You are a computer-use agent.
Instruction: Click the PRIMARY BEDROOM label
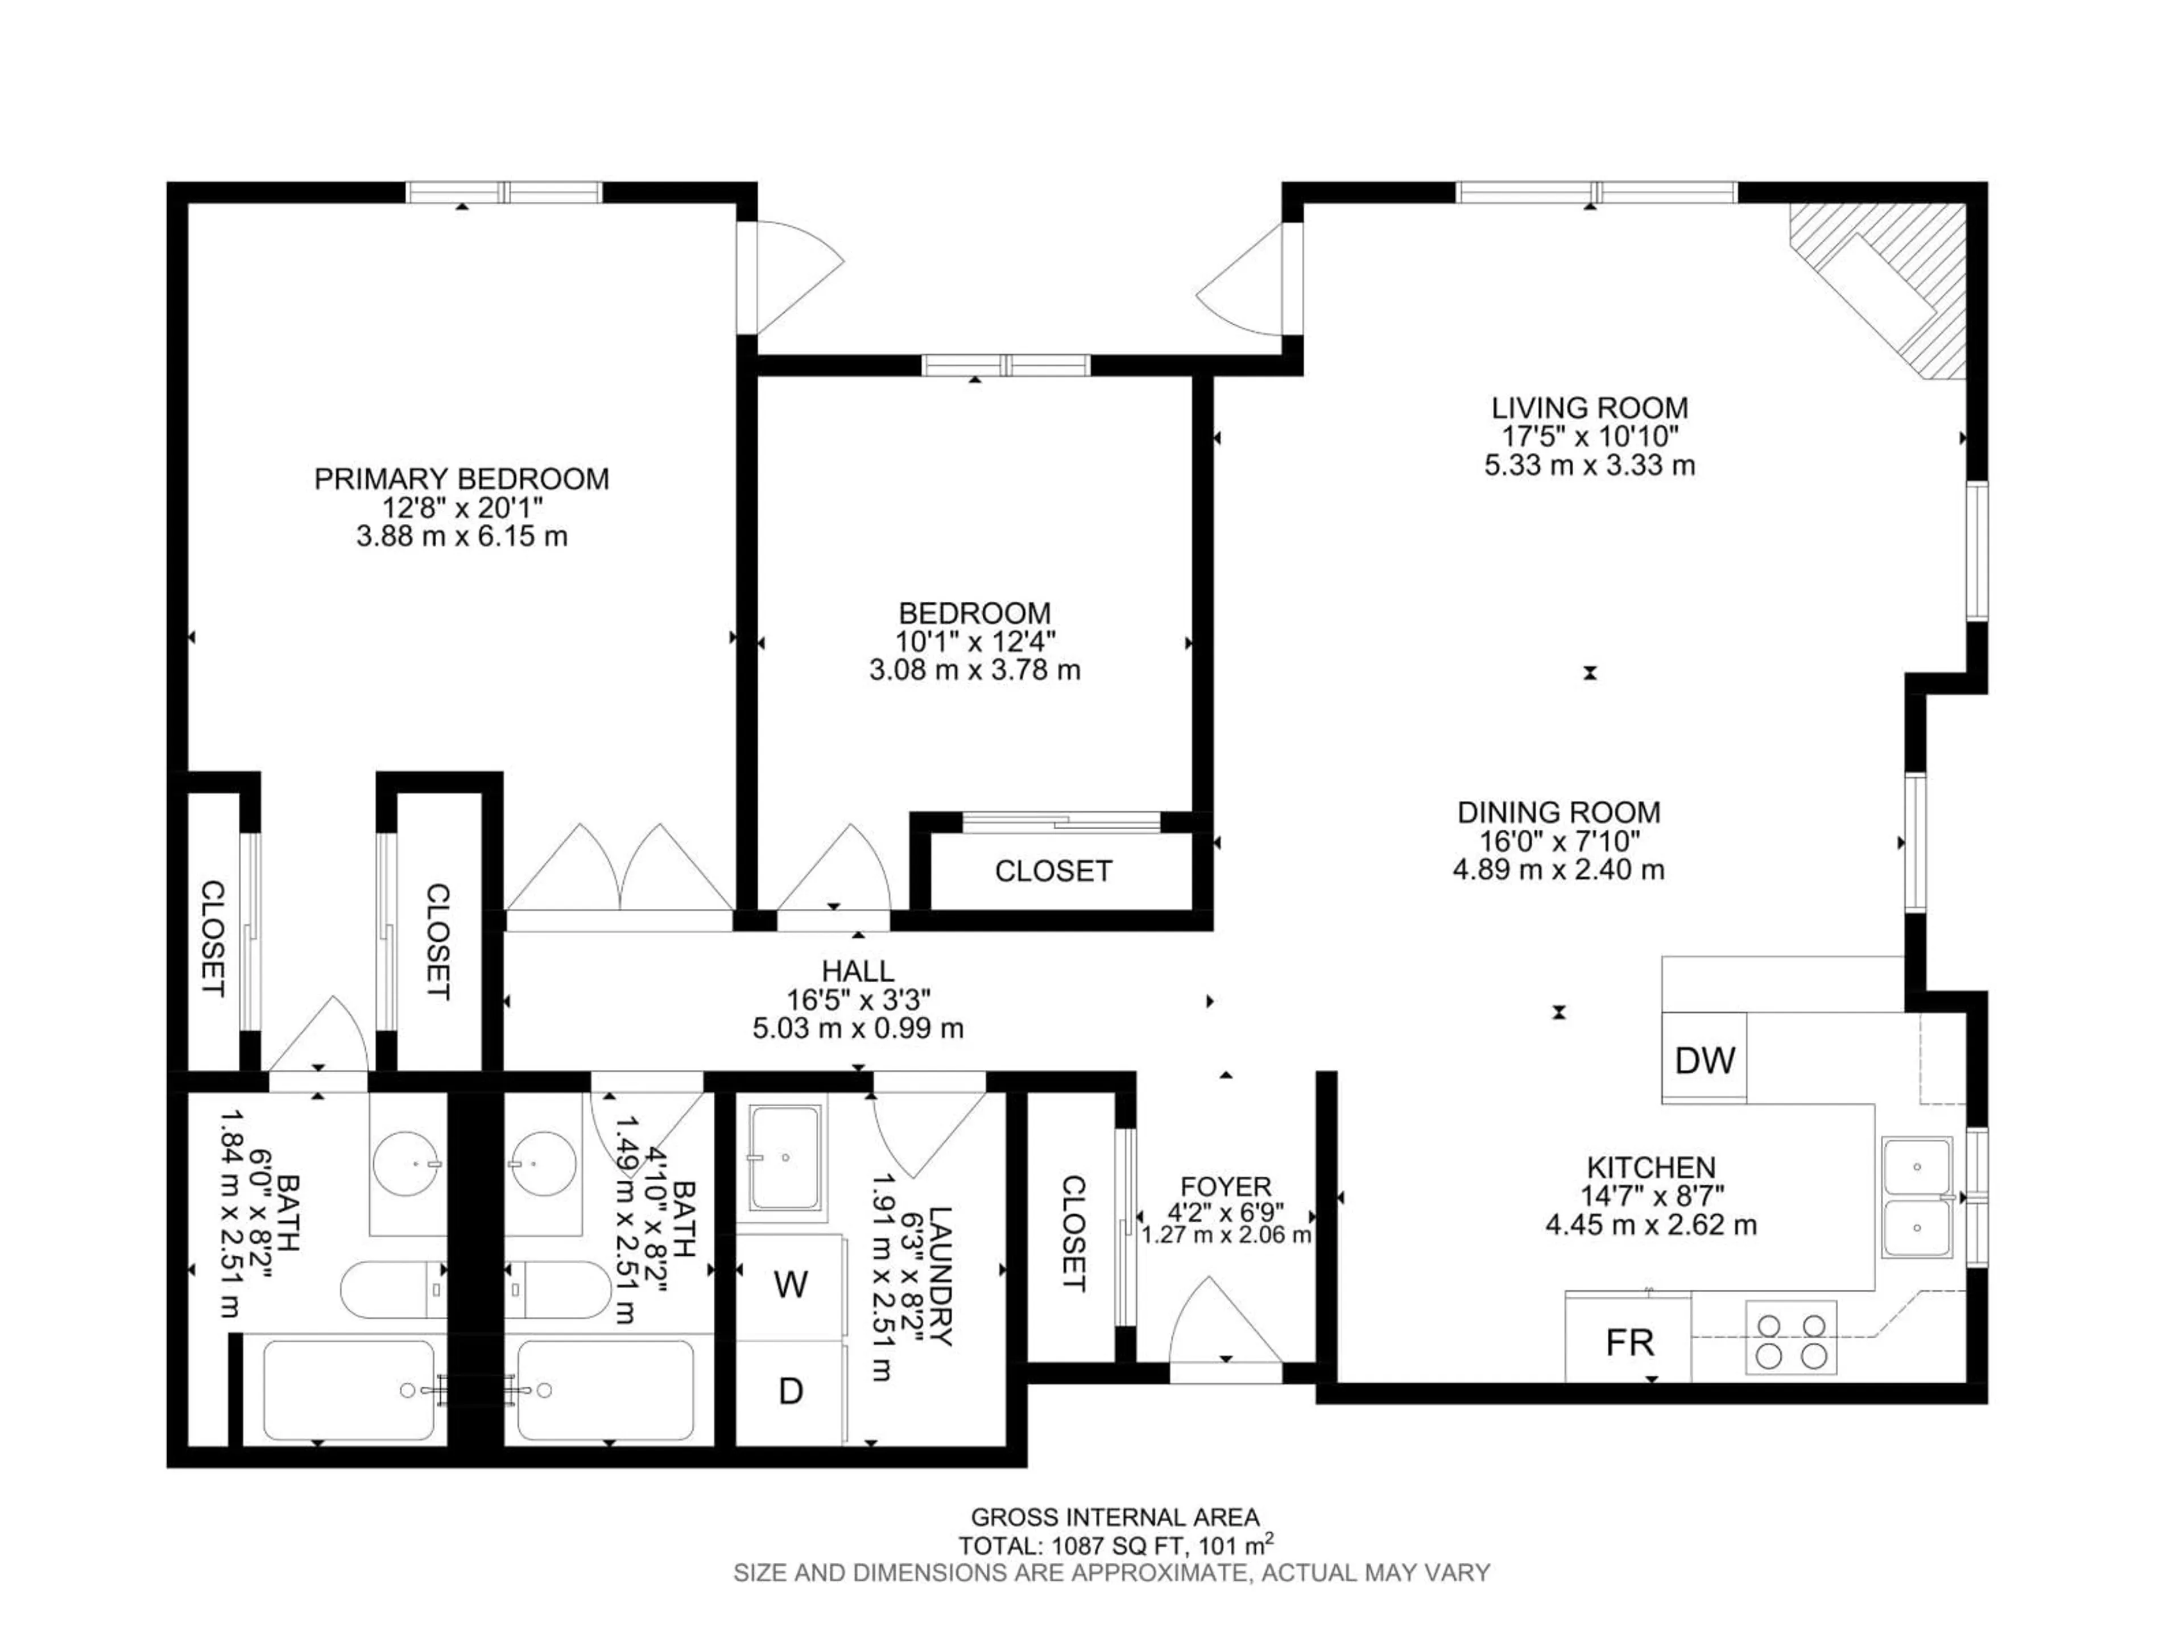tap(461, 479)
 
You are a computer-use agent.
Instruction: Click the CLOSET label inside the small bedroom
tap(1053, 871)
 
